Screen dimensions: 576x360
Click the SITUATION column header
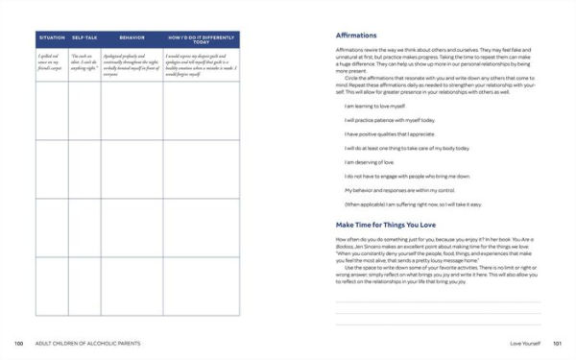[51, 37]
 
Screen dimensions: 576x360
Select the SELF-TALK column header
[84, 37]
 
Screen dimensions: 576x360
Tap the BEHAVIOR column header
[132, 37]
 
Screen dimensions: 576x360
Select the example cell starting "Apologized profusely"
[132, 64]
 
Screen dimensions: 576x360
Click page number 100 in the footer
[18, 343]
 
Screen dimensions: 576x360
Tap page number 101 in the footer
[556, 343]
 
